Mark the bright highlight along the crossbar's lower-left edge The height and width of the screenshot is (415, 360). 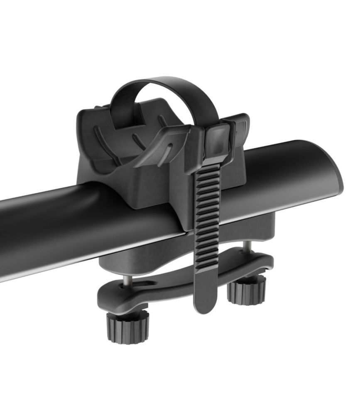(62, 261)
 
